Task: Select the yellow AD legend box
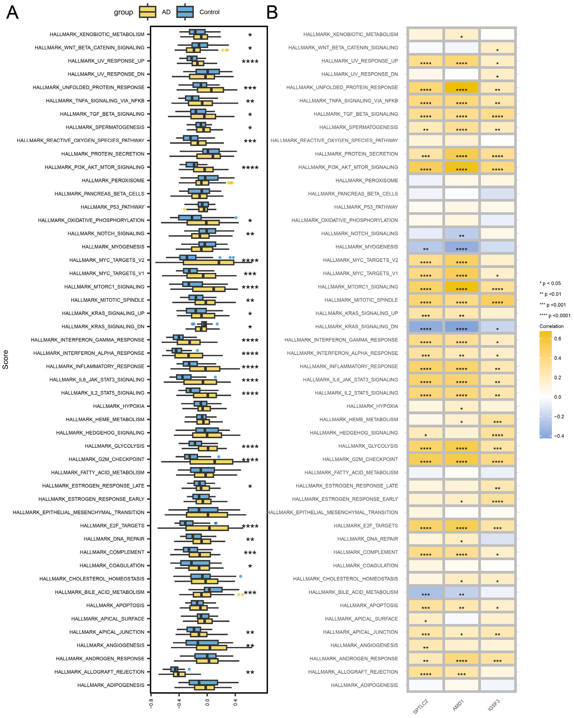147,12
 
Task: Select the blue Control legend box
185,12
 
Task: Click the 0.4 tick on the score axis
235,703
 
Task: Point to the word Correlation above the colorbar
551,326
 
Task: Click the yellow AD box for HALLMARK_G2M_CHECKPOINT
211,462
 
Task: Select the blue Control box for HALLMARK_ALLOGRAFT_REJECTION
174,669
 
